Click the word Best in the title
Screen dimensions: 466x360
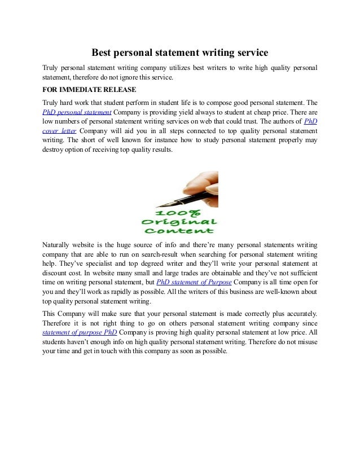103,54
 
